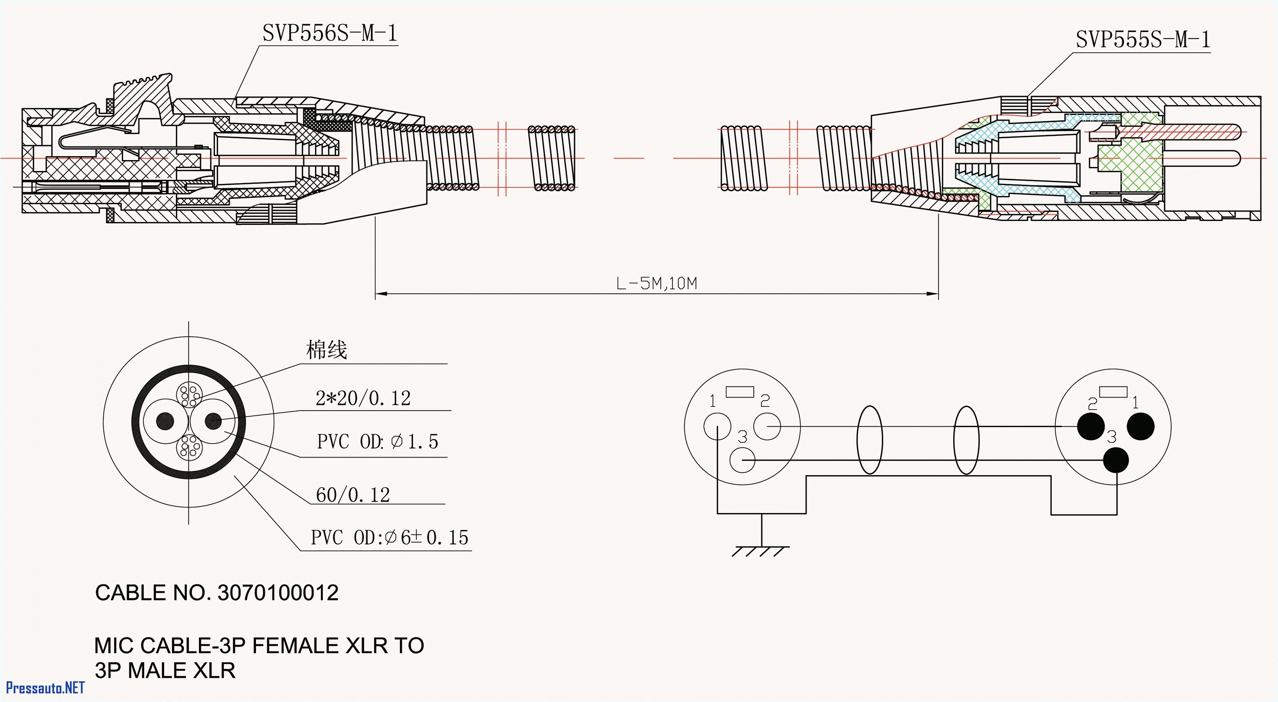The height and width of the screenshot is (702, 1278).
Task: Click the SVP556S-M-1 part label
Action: click(x=330, y=34)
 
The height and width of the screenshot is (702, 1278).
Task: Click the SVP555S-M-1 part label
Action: click(x=1142, y=40)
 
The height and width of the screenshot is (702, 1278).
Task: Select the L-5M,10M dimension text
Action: click(x=656, y=283)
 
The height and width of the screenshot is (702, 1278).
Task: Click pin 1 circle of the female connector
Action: click(x=717, y=426)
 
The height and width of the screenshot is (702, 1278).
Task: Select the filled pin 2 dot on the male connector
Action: click(x=1090, y=426)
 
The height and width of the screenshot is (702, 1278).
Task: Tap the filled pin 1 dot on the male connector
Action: click(x=1140, y=426)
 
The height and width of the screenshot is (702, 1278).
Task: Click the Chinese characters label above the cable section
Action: click(x=326, y=350)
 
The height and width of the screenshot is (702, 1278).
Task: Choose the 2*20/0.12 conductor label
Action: click(x=363, y=398)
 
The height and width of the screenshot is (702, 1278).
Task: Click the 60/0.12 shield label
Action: click(x=353, y=495)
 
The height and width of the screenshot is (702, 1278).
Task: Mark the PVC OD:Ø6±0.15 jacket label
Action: click(x=389, y=537)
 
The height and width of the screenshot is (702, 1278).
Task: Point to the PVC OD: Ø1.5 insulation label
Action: click(x=378, y=442)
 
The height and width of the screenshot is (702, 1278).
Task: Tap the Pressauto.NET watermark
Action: click(x=45, y=688)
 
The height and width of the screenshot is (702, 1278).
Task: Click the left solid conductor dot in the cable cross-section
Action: click(x=165, y=421)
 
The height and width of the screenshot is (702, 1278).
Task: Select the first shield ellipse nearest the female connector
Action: click(x=870, y=440)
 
